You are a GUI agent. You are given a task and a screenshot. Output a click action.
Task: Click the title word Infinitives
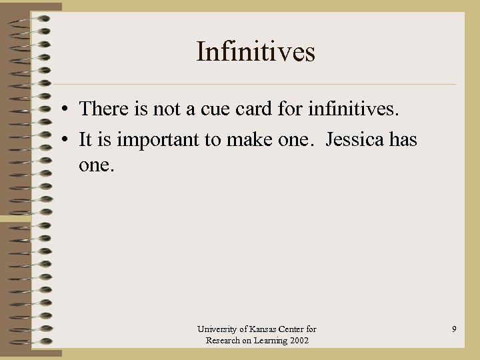coord(255,52)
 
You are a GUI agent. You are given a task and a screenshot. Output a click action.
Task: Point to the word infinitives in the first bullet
coord(351,108)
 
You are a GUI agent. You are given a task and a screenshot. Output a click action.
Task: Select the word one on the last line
coord(97,165)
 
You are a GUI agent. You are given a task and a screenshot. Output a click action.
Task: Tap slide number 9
coord(454,329)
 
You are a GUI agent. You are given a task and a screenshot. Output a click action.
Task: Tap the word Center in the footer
coord(293,329)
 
